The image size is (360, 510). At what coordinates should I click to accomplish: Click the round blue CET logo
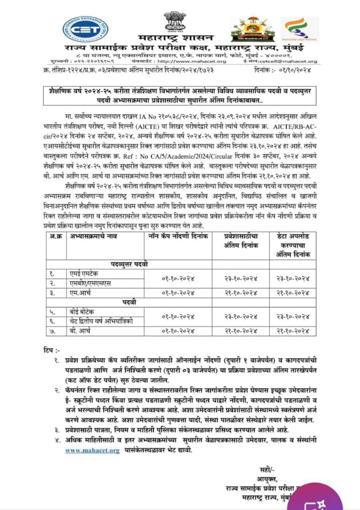coord(85,29)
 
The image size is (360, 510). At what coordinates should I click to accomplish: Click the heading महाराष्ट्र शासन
coord(174,38)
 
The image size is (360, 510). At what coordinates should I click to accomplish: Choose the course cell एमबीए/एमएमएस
coord(88,283)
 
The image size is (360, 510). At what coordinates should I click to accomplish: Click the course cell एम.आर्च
coord(80,293)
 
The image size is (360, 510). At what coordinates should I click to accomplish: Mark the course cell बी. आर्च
coord(80,331)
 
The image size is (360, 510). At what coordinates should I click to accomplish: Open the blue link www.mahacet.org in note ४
coord(92,451)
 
